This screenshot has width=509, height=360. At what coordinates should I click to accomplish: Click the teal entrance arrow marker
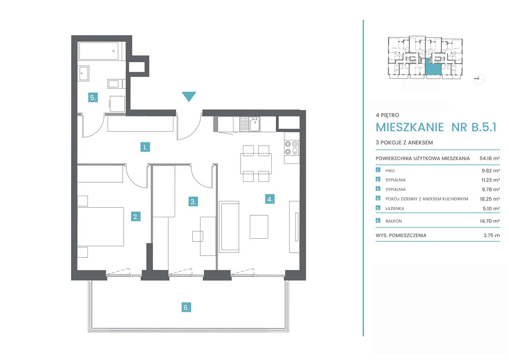(189, 96)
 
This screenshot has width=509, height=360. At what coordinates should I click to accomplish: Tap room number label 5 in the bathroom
(93, 98)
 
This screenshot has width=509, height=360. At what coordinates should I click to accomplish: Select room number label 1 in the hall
(145, 147)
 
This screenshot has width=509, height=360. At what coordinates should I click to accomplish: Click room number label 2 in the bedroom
(136, 216)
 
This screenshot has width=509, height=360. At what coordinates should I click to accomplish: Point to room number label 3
(193, 201)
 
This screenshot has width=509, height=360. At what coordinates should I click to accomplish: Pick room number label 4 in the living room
(270, 199)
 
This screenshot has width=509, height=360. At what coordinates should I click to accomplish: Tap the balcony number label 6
(187, 307)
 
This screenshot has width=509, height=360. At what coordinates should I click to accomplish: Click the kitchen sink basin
(255, 124)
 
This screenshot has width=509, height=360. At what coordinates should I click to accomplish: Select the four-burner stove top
(291, 148)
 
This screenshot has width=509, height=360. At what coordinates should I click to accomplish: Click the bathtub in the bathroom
(98, 51)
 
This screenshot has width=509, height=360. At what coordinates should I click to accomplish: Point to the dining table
(256, 163)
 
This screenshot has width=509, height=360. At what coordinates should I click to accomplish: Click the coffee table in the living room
(259, 227)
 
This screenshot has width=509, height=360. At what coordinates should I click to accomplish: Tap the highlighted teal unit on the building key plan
(433, 67)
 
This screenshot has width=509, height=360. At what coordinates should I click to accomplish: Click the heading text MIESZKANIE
(410, 127)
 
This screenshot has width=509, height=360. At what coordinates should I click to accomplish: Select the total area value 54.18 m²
(490, 158)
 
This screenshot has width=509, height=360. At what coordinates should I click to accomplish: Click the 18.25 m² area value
(490, 199)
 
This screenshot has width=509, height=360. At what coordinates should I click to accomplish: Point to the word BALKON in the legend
(394, 221)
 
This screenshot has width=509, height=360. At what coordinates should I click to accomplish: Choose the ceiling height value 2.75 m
(492, 235)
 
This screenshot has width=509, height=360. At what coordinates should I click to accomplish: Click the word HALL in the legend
(390, 171)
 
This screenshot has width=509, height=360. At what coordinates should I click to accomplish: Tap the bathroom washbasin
(83, 73)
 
